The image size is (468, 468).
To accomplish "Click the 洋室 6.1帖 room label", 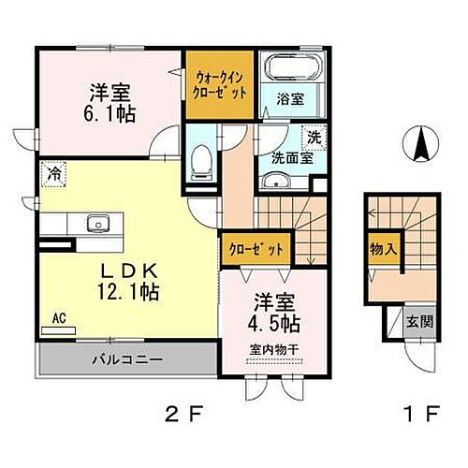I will (x=110, y=103).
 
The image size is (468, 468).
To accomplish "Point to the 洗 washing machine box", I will (x=316, y=136).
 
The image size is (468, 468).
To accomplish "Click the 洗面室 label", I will (x=291, y=157).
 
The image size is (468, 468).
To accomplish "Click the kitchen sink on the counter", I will (x=96, y=225).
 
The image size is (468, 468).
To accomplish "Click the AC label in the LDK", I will (x=57, y=318).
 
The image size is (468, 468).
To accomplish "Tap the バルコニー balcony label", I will (x=127, y=359).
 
